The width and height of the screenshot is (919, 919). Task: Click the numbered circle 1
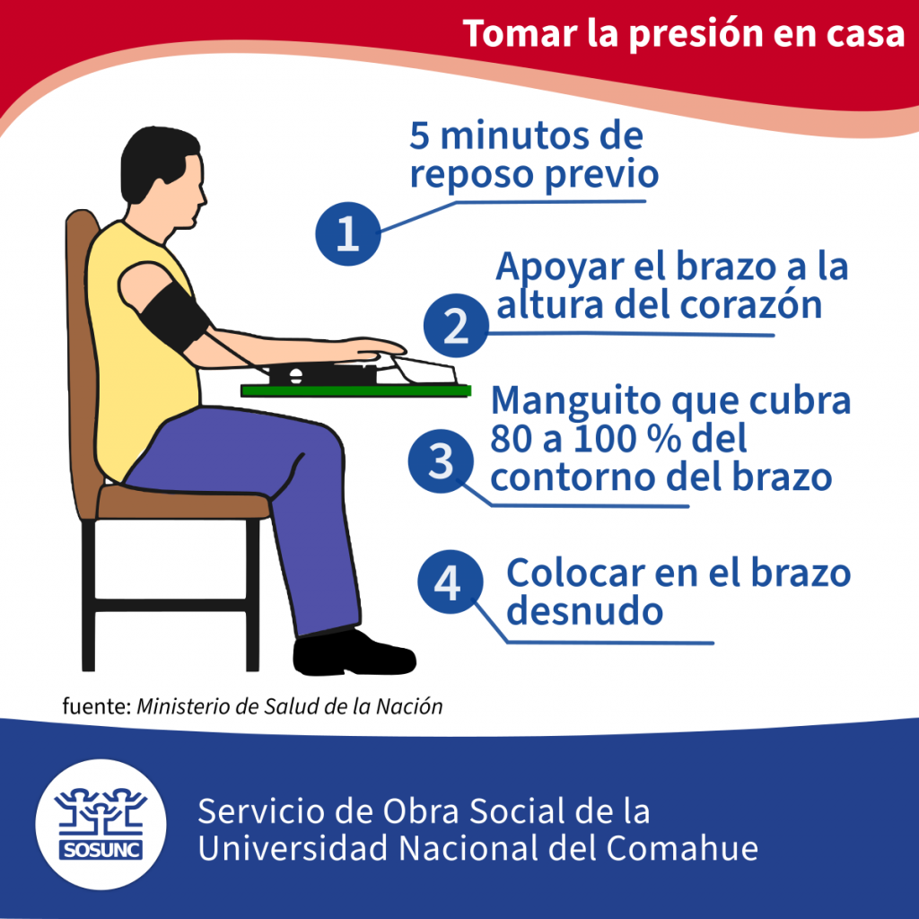point(348,233)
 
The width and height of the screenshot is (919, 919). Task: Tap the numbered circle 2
point(456,326)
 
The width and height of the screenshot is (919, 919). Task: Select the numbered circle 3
point(441,460)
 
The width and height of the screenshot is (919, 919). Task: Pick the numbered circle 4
point(451,582)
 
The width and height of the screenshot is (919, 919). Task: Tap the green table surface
point(355,390)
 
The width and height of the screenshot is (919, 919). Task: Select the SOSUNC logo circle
point(101,824)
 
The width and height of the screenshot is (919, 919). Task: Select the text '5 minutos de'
point(526,136)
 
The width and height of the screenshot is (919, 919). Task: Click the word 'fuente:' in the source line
point(96,705)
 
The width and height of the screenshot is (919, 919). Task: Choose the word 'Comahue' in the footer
point(682,848)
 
